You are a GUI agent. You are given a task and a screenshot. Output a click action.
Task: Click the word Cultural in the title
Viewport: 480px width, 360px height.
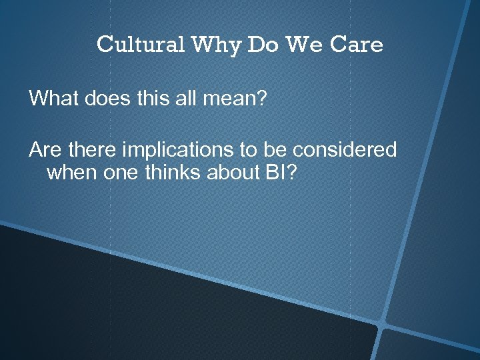[141, 45]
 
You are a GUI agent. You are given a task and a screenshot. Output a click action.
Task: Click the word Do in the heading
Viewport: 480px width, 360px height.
[261, 45]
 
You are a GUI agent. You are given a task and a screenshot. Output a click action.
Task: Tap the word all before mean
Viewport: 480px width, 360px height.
[177, 99]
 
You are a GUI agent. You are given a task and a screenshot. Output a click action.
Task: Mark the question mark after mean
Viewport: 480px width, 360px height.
[261, 99]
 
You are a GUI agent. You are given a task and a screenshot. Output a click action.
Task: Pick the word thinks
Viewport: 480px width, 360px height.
[169, 173]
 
